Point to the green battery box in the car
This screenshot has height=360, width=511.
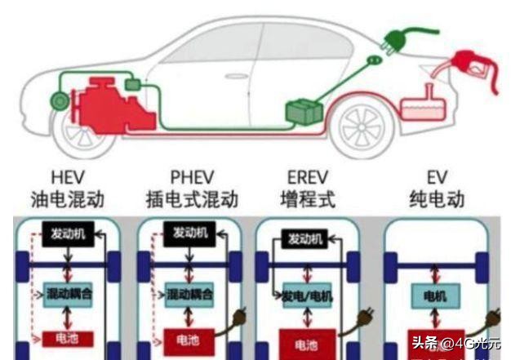304,110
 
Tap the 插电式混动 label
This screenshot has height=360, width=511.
193,199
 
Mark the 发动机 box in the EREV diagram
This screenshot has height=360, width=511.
305,238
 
